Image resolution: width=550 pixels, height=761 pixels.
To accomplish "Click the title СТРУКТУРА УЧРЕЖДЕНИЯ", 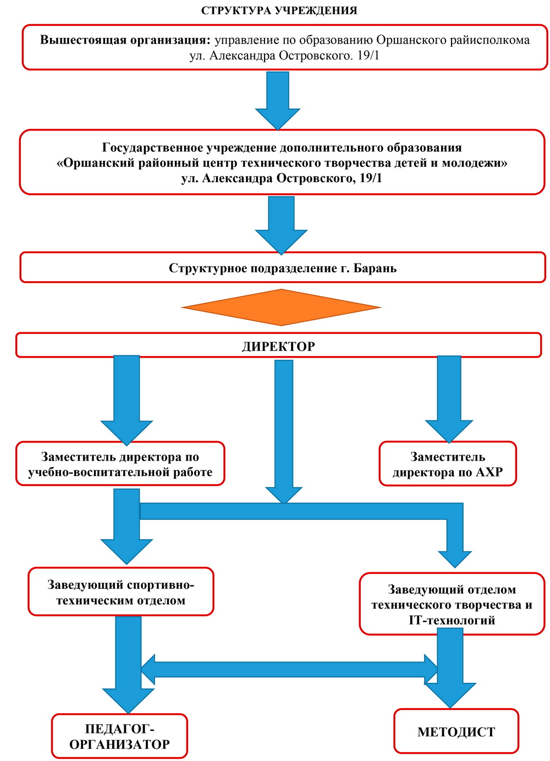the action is (x=279, y=10).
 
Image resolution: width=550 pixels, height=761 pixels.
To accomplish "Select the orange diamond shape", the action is (x=281, y=308).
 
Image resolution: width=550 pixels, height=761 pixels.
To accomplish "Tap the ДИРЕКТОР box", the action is (x=278, y=345).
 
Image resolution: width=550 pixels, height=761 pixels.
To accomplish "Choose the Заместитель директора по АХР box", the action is (x=448, y=464).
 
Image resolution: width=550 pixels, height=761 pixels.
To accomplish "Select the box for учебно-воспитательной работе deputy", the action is (x=120, y=463).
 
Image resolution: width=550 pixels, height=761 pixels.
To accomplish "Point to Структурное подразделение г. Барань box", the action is (x=283, y=268).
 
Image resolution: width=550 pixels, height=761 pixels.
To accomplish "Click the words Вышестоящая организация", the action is (x=125, y=40).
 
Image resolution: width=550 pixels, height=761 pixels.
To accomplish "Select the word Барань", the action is (x=375, y=269).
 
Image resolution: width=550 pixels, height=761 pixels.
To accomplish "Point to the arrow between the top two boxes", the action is (x=278, y=101).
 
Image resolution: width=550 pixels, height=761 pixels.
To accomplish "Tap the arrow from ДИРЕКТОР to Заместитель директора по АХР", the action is (x=449, y=399).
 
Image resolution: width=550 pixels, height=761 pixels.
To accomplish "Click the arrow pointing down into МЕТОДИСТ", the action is (x=450, y=669).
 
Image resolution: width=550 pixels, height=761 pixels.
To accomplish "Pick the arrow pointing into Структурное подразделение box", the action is (x=281, y=225).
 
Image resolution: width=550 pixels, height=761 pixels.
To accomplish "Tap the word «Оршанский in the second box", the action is (x=95, y=163).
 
